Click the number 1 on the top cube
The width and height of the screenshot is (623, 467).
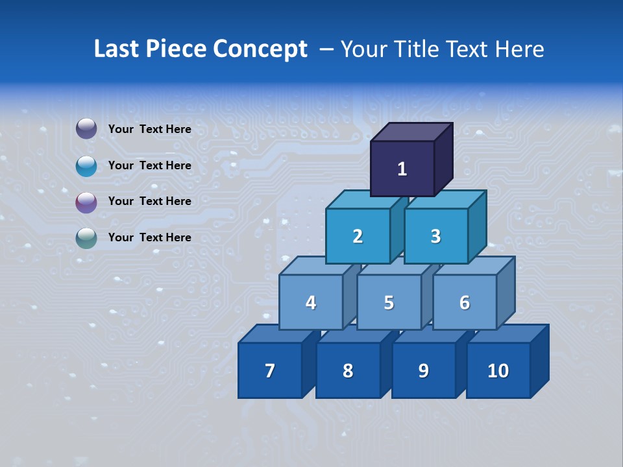tap(402, 169)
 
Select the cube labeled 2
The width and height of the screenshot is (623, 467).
tap(358, 236)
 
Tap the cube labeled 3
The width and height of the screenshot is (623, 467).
tap(435, 236)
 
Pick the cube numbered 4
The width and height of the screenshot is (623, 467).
tap(311, 302)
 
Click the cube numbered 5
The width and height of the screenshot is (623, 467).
tap(389, 302)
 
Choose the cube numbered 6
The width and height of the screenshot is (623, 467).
tap(465, 302)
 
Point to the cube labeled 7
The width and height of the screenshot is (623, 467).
tap(270, 370)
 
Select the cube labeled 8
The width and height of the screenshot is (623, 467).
tap(348, 370)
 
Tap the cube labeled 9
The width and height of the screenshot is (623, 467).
tap(423, 370)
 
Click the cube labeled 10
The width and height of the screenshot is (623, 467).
tap(498, 370)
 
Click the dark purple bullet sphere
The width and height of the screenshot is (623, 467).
tap(86, 129)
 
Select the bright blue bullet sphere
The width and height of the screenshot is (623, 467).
tap(86, 165)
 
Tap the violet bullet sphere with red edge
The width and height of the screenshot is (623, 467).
tap(86, 202)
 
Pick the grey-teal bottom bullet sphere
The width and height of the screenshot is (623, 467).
tap(86, 238)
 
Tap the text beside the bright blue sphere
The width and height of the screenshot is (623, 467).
tap(149, 165)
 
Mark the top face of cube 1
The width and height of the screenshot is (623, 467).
tap(411, 132)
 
